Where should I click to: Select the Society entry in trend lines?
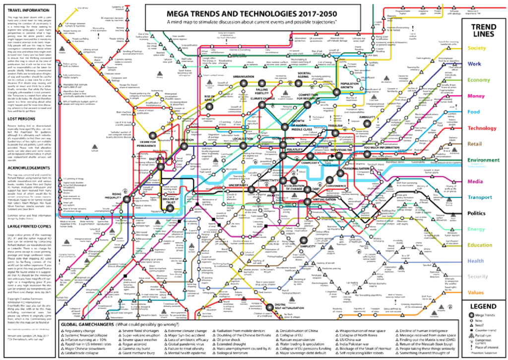tap(476, 48)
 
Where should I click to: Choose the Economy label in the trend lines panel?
tap(478, 80)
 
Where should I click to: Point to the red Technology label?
tap(481, 128)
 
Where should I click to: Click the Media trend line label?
tap(475, 181)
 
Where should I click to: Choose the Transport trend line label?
tap(479, 197)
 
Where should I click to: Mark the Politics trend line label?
tap(477, 213)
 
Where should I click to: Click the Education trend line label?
tap(479, 245)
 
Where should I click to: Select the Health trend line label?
tap(475, 261)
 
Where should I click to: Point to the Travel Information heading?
tap(28, 10)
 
